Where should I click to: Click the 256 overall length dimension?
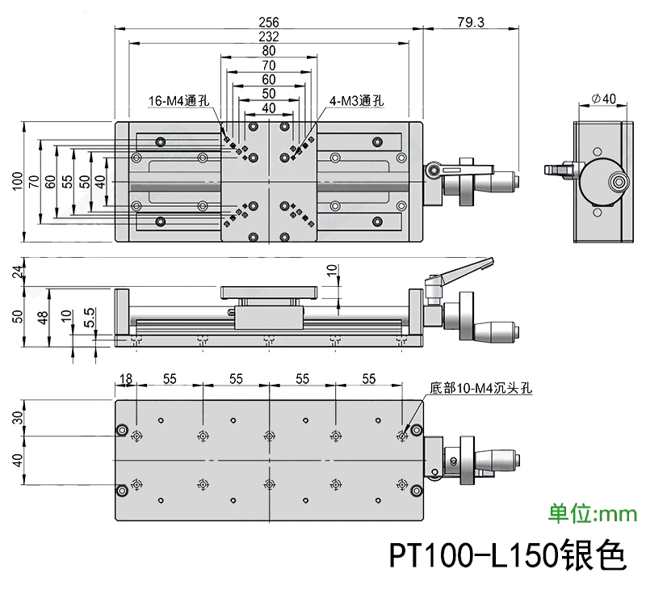(x=268, y=23)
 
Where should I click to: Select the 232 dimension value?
(x=268, y=36)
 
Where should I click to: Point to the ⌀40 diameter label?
(x=603, y=98)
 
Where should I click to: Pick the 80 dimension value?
(x=268, y=51)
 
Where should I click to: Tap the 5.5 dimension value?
(x=90, y=317)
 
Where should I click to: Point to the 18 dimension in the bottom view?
(x=125, y=378)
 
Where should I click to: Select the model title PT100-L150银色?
(x=507, y=554)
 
